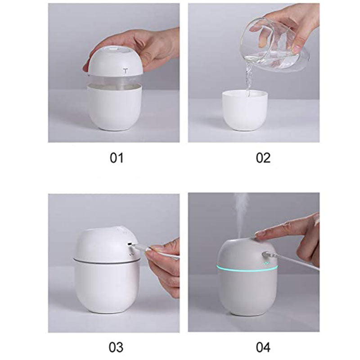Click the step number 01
click(x=116, y=158)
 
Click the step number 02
click(x=263, y=158)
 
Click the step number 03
click(x=116, y=347)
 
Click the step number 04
click(x=263, y=347)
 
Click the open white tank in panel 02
click(x=246, y=110)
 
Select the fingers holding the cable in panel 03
click(x=162, y=261)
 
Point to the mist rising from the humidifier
click(x=241, y=211)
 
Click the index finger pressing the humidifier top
click(x=274, y=232)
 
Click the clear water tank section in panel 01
click(x=115, y=80)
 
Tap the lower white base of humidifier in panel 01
click(x=115, y=108)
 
